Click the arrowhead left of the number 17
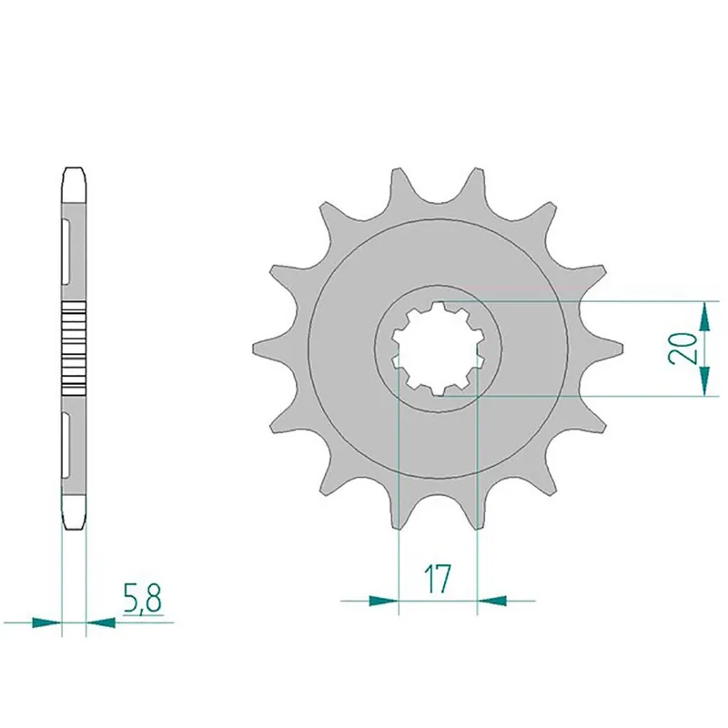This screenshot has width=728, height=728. pos(383,600)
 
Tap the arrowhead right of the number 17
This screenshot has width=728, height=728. pos(492,600)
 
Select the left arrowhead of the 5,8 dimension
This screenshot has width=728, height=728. pos(45,623)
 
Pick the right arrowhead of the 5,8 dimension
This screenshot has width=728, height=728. pos(101,623)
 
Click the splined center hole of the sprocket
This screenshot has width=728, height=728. pos(440,349)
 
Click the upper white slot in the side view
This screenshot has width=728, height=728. pos(69,247)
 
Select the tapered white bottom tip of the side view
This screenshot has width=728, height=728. pos(74,514)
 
